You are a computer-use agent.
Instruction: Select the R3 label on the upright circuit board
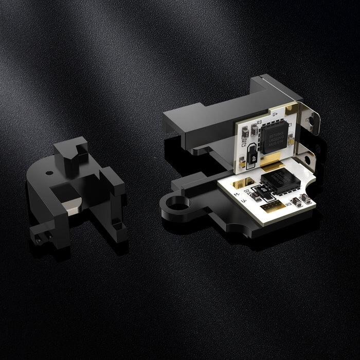pos(259,123)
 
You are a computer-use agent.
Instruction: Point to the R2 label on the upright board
pos(244,139)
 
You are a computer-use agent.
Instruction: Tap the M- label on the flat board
pos(236,194)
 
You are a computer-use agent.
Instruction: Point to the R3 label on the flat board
pos(289,204)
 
